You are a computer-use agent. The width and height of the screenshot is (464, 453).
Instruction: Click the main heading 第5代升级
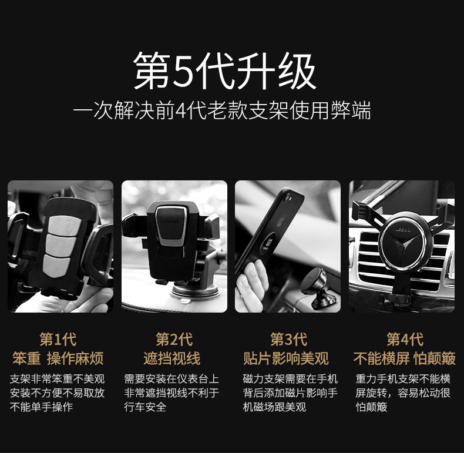point(225,71)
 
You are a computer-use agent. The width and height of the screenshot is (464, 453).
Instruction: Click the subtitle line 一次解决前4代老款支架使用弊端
point(222,110)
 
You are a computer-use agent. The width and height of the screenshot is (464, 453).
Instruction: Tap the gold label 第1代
point(58,339)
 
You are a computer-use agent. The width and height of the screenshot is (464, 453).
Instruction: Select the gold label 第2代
point(174,339)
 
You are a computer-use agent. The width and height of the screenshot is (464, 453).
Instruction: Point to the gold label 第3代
point(289,339)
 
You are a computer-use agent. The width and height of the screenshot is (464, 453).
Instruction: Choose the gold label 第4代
point(405,339)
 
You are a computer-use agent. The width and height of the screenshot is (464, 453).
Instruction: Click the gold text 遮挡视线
point(172,358)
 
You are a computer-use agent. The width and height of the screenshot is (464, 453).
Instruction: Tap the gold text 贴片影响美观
point(286,358)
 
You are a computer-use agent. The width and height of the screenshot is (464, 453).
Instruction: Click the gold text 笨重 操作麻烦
point(58,358)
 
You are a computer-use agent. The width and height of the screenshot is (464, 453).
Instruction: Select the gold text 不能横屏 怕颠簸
point(404,358)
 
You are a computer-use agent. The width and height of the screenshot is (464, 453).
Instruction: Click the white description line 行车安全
point(145,407)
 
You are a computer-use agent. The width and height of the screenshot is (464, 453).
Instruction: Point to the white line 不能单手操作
point(42,407)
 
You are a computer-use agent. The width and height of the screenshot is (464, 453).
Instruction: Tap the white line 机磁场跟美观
point(274,407)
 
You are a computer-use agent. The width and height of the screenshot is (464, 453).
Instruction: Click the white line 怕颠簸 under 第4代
point(371,407)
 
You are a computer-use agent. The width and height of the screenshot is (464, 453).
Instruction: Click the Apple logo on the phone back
point(281,220)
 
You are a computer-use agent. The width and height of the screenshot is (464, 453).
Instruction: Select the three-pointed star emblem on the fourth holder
point(403,244)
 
